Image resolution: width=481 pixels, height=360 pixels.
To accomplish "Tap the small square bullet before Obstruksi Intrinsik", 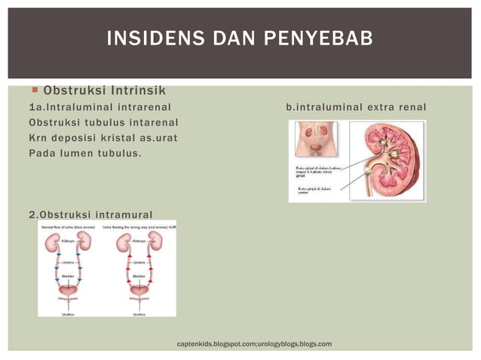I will (x=35, y=90).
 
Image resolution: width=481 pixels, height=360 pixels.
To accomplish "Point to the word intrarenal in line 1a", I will (x=141, y=107).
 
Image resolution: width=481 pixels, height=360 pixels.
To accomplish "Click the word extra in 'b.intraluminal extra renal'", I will (x=381, y=107).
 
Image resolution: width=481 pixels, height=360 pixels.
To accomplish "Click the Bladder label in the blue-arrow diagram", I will (x=67, y=276).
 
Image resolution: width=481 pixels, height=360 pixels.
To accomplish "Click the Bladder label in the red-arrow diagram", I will (x=139, y=276).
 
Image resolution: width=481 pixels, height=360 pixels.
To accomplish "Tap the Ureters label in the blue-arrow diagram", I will (x=67, y=262).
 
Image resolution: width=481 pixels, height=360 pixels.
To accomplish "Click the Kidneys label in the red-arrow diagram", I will (x=139, y=241).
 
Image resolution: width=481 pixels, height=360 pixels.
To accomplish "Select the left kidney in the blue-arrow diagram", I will (x=53, y=243).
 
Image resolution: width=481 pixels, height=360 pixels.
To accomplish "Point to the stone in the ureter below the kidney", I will (x=367, y=178).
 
